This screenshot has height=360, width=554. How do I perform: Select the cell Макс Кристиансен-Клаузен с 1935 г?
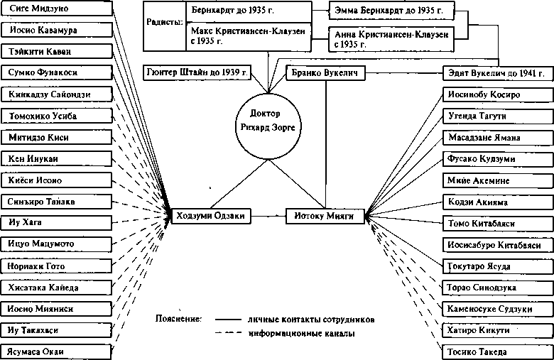(249, 36)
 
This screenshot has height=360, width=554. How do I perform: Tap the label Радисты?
(165, 22)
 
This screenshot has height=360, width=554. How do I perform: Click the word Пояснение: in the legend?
(178, 319)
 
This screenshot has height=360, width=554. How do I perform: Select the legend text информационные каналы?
(301, 333)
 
